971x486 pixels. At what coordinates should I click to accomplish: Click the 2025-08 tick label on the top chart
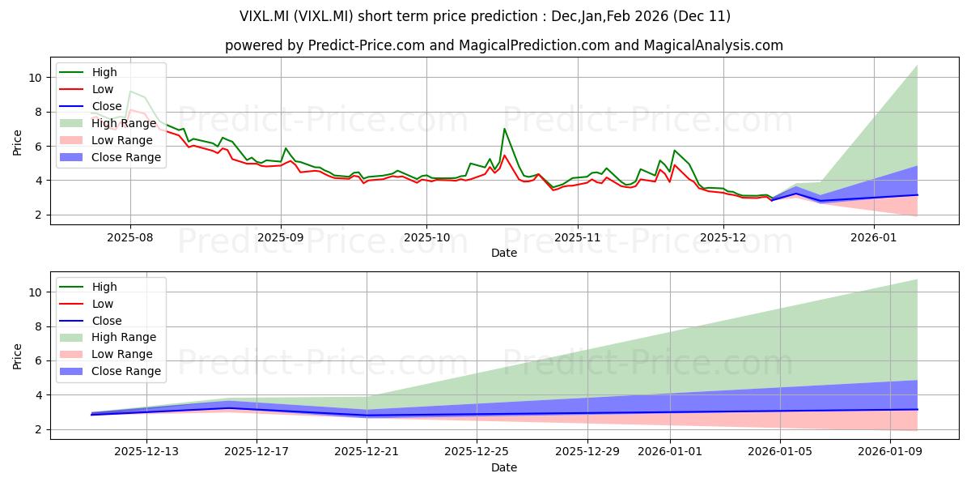pos(130,237)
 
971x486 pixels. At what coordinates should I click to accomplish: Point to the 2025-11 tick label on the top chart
pos(577,237)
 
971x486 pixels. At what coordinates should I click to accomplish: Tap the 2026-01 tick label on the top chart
pos(876,237)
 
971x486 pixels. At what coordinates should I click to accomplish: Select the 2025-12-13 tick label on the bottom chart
pos(146,452)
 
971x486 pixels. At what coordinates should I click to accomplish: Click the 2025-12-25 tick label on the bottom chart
pos(477,452)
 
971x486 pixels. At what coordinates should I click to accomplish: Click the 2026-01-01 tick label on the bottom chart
pos(670,452)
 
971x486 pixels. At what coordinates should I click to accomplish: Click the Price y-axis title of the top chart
pos(18,143)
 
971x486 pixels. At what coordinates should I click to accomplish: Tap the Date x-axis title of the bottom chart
pos(503,467)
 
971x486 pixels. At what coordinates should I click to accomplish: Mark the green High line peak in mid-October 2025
pos(504,129)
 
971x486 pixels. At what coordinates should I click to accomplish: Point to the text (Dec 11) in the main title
pos(706,16)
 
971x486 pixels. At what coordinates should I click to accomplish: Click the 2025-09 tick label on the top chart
pos(281,237)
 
